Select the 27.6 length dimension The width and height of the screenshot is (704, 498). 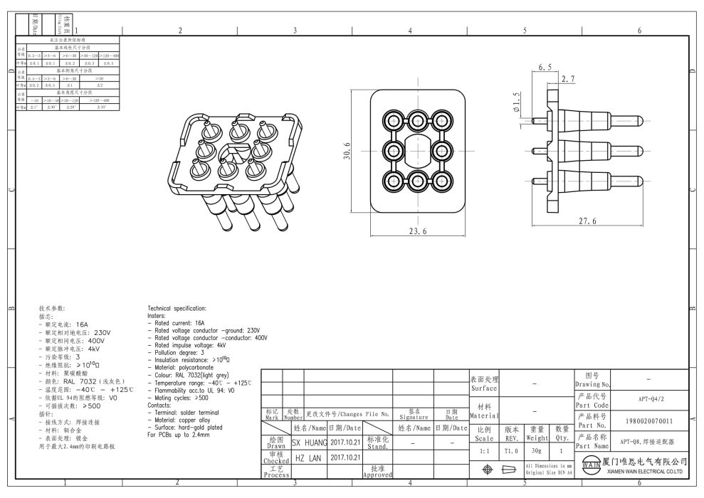(588, 221)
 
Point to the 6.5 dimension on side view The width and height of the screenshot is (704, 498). (545, 67)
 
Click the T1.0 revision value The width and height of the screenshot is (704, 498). (511, 451)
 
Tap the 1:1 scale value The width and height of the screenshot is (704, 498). (485, 451)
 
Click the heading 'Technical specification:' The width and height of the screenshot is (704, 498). (177, 308)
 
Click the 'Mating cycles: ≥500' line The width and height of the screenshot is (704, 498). (178, 398)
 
